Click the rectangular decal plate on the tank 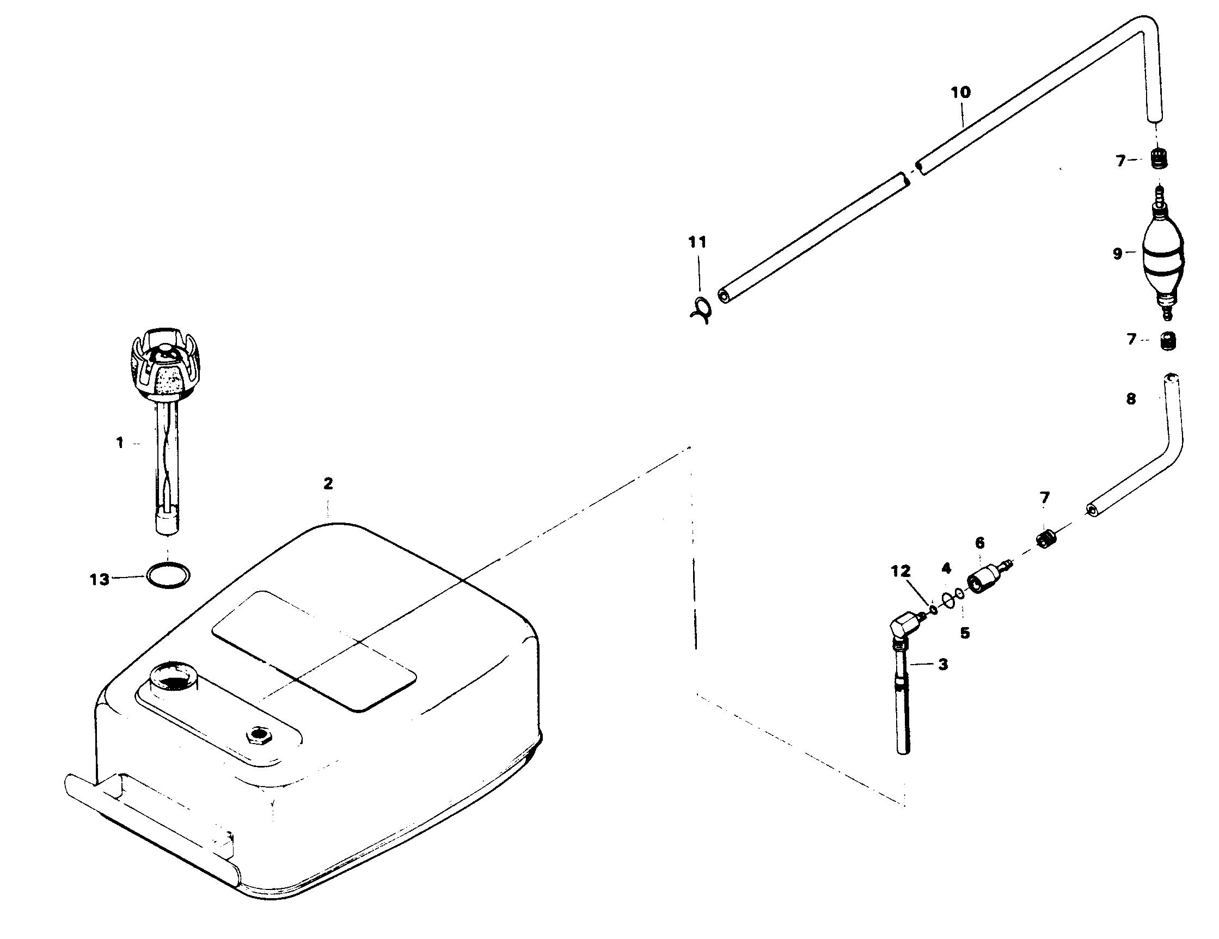pos(314,650)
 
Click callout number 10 pos(960,92)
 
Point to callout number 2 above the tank pos(328,483)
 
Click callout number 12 pos(901,571)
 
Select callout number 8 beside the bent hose pos(1131,399)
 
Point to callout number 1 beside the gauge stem pos(120,443)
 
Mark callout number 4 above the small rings pos(946,568)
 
